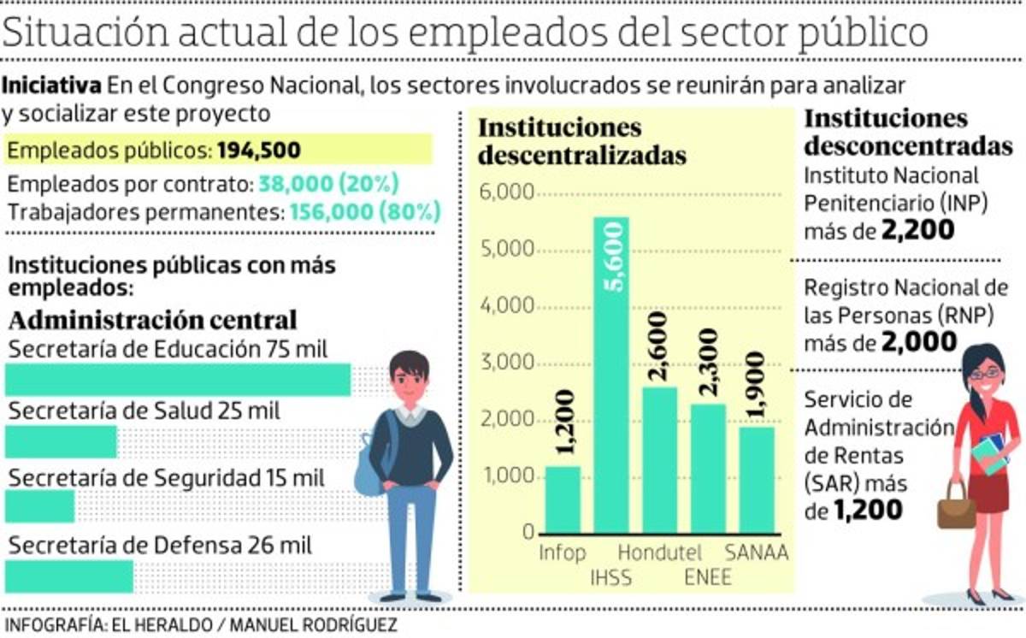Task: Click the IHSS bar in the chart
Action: point(611,376)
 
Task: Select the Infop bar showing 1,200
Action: point(563,499)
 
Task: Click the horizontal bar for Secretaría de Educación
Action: point(178,380)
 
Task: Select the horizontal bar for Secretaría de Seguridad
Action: point(40,507)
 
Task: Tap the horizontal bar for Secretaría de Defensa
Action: point(69,576)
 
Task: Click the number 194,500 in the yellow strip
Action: point(258,151)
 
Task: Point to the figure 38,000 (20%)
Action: point(328,184)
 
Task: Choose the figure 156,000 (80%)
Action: point(365,211)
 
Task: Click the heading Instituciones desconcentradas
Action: point(909,132)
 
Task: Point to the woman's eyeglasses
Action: point(984,373)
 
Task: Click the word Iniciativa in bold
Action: point(53,86)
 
